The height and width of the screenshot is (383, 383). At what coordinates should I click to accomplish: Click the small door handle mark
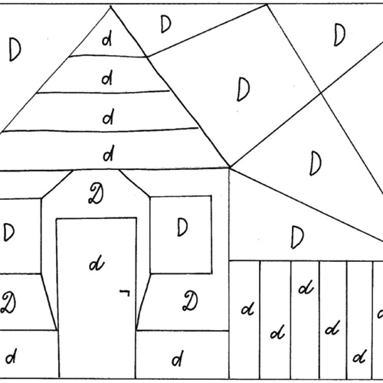pos(125,293)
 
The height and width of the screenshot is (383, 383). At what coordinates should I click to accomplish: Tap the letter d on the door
pos(97,263)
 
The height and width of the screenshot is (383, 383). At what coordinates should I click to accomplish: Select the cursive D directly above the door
pos(96,194)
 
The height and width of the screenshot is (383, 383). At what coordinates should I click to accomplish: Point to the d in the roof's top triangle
pos(107,40)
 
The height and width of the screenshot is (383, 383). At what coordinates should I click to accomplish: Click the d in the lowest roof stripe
pos(108,153)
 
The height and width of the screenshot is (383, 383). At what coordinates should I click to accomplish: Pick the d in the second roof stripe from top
pos(107,78)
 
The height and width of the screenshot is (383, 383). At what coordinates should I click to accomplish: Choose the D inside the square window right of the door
pos(182,227)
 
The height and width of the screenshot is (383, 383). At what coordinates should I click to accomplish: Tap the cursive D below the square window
pos(190,301)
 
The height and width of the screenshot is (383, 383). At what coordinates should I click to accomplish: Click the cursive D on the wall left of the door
pos(8,303)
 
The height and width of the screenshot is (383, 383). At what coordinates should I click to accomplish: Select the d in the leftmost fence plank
pos(247,309)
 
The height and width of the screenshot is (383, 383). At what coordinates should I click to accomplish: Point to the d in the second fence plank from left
pos(278,332)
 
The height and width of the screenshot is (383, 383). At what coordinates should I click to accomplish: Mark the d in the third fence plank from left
pos(306,287)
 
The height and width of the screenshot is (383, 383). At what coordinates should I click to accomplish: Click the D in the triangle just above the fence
pos(297,237)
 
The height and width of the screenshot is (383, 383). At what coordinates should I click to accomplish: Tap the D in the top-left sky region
pos(15,49)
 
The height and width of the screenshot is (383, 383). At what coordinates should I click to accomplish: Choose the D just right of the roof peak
pos(165,24)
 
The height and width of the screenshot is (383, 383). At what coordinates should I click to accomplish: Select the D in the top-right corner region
pos(339,34)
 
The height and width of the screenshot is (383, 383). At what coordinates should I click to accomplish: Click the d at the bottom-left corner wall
pos(11,355)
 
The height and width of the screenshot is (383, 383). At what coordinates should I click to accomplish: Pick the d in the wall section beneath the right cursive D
pos(178,358)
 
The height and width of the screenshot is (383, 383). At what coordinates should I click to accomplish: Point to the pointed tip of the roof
pos(110,6)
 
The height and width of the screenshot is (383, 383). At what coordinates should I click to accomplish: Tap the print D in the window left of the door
pos(9,232)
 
